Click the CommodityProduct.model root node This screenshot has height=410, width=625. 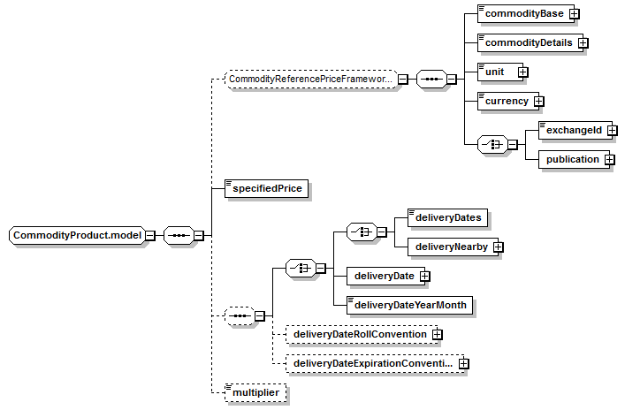click(77, 235)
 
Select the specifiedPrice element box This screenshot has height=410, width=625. click(267, 188)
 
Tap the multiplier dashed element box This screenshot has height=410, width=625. click(255, 393)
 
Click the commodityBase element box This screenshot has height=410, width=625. click(526, 13)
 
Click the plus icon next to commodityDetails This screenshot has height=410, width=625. click(583, 42)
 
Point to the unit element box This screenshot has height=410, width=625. click(500, 72)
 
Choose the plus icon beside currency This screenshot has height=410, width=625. click(538, 102)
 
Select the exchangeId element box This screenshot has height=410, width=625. click(575, 130)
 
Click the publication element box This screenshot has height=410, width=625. click(574, 159)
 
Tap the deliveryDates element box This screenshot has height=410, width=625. click(447, 217)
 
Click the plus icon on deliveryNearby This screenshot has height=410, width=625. click(498, 247)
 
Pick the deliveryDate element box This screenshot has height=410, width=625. click(385, 276)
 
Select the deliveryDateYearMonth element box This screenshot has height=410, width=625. click(410, 305)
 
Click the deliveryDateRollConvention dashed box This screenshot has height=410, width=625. click(362, 334)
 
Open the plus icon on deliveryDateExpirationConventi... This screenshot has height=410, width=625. click(463, 363)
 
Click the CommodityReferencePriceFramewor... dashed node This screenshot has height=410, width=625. click(311, 80)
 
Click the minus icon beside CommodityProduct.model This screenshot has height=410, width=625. click(150, 235)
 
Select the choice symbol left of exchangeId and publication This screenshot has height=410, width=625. click(492, 145)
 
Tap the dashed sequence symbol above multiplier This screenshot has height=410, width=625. click(240, 316)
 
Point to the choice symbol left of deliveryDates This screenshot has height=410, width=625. click(362, 232)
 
